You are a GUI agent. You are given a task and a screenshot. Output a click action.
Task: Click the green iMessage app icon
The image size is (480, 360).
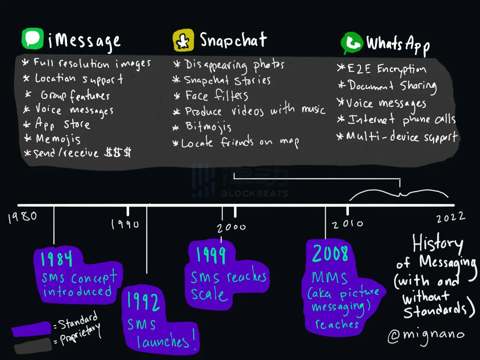tap(33, 39)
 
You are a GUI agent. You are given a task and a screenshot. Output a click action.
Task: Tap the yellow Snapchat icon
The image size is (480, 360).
tap(183, 40)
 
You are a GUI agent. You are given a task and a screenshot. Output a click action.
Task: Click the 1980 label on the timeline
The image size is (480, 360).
tap(23, 217)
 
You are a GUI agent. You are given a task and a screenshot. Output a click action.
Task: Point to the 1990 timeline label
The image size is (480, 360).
tap(125, 224)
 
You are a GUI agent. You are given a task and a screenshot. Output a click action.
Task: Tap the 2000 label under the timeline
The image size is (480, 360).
tap(231, 227)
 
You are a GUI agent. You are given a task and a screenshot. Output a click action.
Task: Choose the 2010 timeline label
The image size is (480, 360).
tap(347, 224)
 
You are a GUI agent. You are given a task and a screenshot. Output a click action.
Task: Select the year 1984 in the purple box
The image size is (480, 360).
tap(57, 259)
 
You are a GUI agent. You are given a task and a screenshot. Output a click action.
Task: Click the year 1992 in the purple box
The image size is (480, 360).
tap(143, 301)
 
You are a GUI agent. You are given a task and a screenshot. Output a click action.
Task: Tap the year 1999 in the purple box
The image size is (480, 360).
tap(211, 255)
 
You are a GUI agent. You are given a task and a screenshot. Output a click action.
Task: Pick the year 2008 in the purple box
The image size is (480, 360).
tap(330, 254)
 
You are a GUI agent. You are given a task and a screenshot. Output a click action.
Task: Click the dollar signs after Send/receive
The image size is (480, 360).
tap(118, 152)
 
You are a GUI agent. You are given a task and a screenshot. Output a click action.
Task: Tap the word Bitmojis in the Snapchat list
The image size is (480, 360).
tap(208, 127)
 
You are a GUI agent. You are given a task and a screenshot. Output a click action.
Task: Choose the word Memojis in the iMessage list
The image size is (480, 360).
tap(58, 139)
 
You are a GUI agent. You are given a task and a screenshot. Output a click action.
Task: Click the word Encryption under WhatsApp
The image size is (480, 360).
tap(401, 69)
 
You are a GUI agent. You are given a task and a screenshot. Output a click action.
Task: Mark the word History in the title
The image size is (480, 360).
tap(437, 243)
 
